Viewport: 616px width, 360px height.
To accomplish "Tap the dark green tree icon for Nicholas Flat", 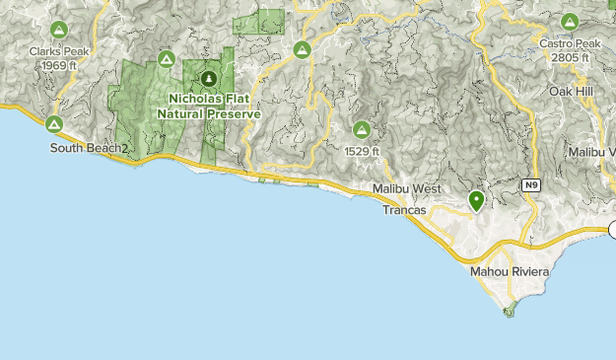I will pos(208,79).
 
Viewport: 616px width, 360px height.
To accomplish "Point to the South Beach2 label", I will pos(90,148).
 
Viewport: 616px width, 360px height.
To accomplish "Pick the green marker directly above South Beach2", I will pos(53,124).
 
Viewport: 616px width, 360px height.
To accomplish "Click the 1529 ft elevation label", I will pos(363,152).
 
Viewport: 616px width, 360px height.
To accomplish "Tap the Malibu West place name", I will pos(408,187).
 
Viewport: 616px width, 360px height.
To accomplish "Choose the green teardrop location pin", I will pos(476,201).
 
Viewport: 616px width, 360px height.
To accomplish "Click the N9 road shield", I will pos(532,184).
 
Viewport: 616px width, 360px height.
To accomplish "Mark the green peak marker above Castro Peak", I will pos(570,22).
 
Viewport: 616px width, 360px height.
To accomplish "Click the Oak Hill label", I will pos(572,91).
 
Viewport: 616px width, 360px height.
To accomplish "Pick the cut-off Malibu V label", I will pos(592,152).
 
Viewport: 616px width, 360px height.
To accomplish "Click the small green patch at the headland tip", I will pos(509,313).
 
